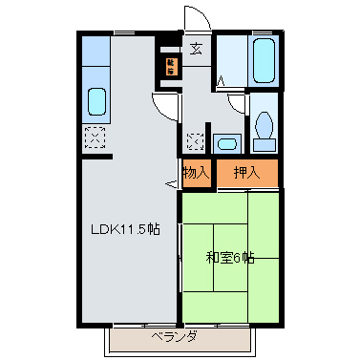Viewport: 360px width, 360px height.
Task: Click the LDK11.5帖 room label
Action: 124,230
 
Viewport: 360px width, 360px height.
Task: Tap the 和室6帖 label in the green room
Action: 230,257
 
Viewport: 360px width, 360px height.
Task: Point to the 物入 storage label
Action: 196,173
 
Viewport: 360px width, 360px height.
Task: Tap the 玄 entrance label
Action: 196,49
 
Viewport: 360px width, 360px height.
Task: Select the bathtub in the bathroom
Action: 264,63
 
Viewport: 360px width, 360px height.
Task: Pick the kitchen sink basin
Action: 96,100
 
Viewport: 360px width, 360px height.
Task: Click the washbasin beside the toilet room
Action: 226,144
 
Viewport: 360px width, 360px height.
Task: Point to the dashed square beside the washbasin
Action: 196,141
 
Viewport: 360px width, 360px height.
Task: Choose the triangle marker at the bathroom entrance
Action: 220,81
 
